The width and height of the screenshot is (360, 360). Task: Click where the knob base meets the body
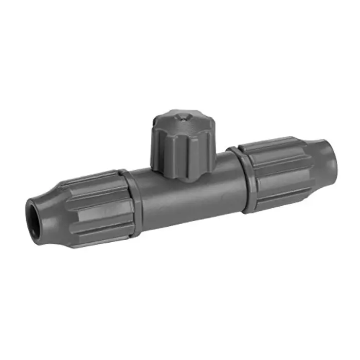tap(177, 177)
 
